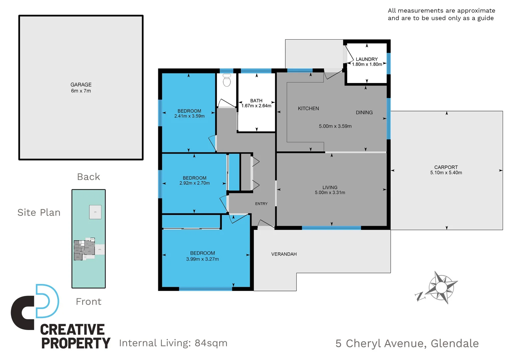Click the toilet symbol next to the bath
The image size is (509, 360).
click(227, 80)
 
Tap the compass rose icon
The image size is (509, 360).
click(441, 287)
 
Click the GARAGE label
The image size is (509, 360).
click(81, 85)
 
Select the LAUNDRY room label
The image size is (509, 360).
click(367, 59)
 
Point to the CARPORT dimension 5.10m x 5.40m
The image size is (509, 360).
click(446, 173)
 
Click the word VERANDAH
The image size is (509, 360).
click(284, 254)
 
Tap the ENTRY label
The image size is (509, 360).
click(261, 204)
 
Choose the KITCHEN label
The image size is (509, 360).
click(308, 108)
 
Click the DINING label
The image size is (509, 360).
click(364, 112)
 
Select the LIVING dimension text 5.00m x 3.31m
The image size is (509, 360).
click(330, 193)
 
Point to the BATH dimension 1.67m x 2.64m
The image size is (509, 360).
click(256, 106)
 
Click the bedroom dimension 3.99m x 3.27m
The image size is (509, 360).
click(203, 259)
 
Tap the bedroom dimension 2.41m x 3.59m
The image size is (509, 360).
click(189, 116)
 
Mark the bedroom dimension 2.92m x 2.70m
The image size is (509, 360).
click(195, 183)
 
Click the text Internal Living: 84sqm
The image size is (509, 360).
click(173, 343)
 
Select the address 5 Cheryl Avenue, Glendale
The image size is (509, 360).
click(407, 343)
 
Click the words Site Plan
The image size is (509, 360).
click(39, 212)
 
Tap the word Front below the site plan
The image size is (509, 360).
click(89, 302)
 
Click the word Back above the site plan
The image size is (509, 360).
click(89, 177)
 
